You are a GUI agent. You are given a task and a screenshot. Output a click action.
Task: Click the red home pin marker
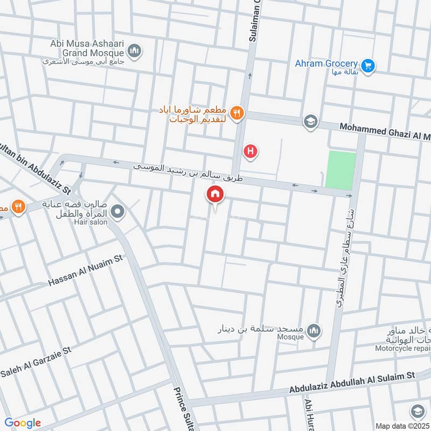(x=215, y=194)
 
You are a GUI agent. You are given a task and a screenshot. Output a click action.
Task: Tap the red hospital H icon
(x=250, y=152)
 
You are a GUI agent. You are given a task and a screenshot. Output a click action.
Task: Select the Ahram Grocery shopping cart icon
(x=369, y=66)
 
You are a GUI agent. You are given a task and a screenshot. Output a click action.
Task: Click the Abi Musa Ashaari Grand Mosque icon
(x=134, y=51)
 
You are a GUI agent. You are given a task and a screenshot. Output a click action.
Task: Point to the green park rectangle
(x=340, y=170)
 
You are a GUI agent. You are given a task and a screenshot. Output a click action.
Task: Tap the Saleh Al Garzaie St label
(x=36, y=362)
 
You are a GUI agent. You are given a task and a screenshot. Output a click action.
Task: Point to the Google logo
(x=22, y=422)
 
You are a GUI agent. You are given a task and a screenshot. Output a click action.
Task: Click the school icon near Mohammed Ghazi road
(x=310, y=122)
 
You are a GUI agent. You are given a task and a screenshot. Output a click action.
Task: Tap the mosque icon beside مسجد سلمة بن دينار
(x=314, y=330)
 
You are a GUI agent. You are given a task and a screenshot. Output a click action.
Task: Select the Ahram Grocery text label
(x=326, y=64)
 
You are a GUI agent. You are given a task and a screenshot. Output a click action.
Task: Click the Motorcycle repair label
(x=400, y=349)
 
